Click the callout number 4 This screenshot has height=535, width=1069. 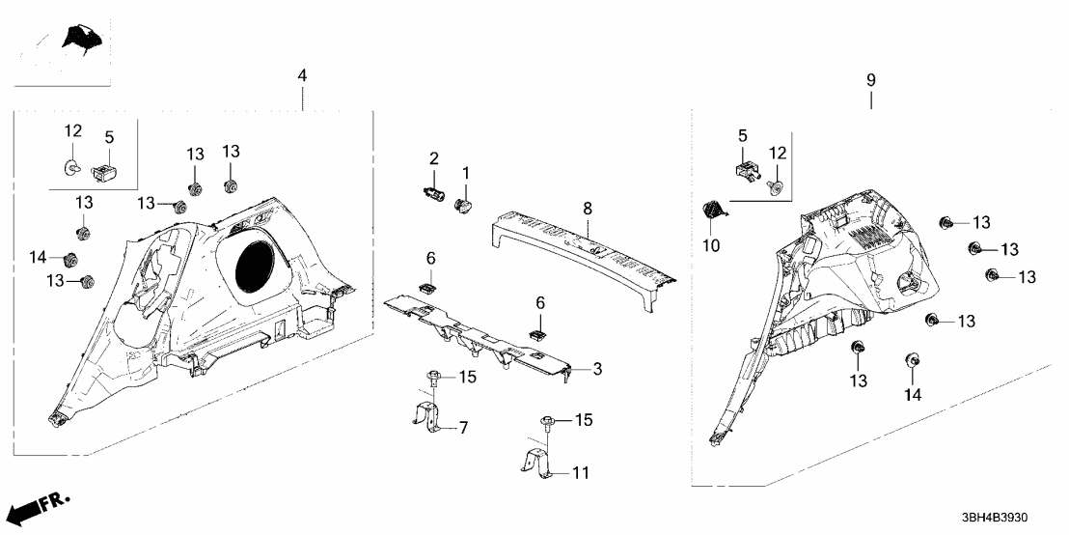pyautogui.click(x=302, y=75)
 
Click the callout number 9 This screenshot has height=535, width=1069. pyautogui.click(x=870, y=80)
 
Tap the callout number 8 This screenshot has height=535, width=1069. pyautogui.click(x=587, y=209)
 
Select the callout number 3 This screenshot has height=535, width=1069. pyautogui.click(x=596, y=369)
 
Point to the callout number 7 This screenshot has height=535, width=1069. pyautogui.click(x=463, y=428)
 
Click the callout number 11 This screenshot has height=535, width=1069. pyautogui.click(x=581, y=472)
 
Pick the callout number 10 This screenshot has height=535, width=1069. pyautogui.click(x=711, y=245)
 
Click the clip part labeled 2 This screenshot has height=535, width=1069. pyautogui.click(x=432, y=193)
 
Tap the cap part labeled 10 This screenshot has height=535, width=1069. pyautogui.click(x=712, y=210)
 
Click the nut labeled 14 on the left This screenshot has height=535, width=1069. pyautogui.click(x=69, y=260)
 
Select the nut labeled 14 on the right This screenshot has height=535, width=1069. pyautogui.click(x=910, y=360)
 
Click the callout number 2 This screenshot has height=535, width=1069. pyautogui.click(x=433, y=159)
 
